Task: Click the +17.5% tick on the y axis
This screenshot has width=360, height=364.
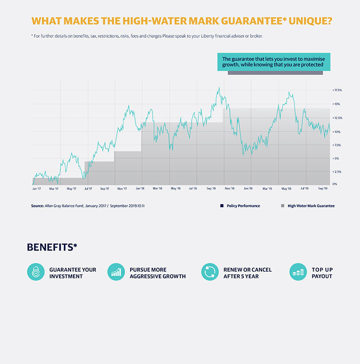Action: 337,90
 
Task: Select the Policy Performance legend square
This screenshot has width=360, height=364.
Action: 222,206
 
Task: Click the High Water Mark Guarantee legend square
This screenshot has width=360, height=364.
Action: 283,206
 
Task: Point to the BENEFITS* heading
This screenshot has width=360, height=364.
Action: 52,247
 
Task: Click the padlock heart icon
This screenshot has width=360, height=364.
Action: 36,272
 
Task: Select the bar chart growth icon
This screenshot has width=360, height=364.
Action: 116,272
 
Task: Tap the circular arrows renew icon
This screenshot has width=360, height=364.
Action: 210,272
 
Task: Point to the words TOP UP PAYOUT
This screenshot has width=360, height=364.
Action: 322,273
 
